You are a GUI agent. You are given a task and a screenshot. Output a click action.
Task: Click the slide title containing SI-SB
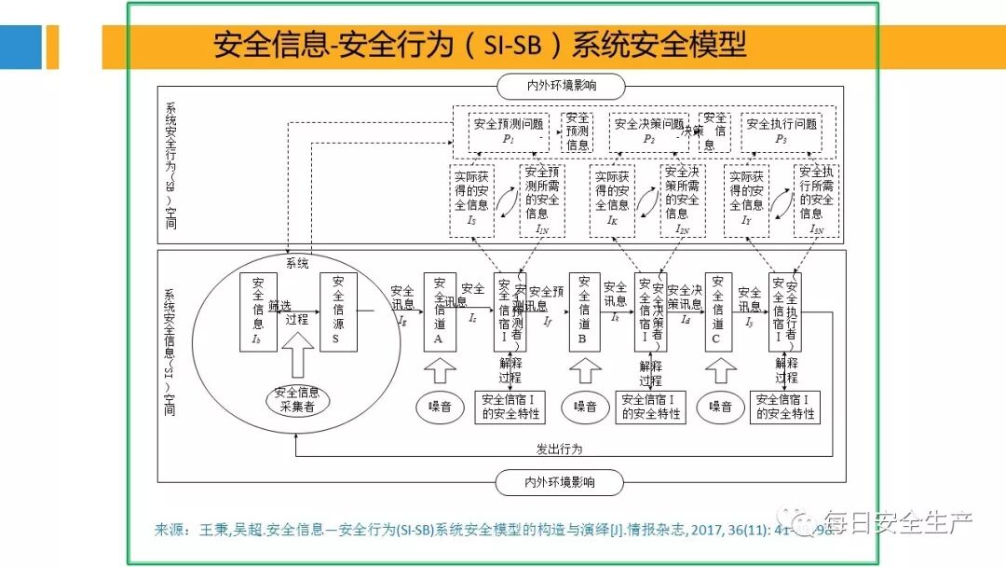pyautogui.click(x=480, y=46)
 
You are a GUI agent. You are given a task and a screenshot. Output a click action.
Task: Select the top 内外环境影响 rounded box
pyautogui.click(x=558, y=87)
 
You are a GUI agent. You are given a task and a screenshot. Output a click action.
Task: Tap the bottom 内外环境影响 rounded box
pyautogui.click(x=558, y=482)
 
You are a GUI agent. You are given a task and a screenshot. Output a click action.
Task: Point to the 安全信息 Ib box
pyautogui.click(x=258, y=311)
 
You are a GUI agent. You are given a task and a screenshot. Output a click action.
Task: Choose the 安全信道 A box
pyautogui.click(x=440, y=311)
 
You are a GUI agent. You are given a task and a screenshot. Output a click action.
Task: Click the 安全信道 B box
pyautogui.click(x=584, y=311)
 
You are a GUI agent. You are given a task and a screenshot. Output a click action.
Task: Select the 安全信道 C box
pyautogui.click(x=718, y=311)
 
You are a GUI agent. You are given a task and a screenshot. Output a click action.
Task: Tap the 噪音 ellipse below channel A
pyautogui.click(x=440, y=407)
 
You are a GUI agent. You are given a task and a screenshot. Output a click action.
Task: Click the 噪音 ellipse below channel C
pyautogui.click(x=720, y=407)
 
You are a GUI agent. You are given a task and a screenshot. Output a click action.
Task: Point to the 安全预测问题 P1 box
pyautogui.click(x=509, y=130)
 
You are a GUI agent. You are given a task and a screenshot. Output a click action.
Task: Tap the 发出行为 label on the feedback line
pyautogui.click(x=559, y=449)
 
